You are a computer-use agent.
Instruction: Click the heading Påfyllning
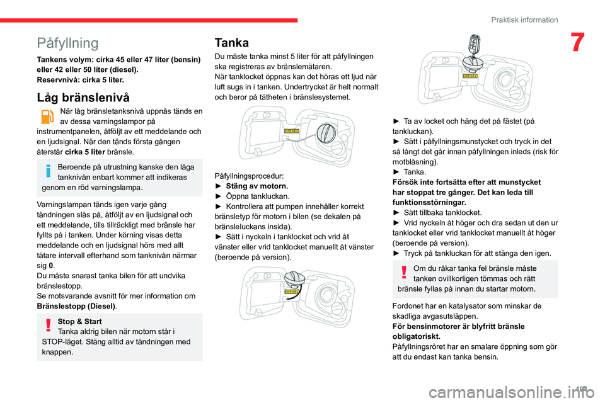(x=68, y=43)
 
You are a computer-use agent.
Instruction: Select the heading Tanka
(x=231, y=43)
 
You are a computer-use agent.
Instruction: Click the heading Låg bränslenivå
(x=84, y=97)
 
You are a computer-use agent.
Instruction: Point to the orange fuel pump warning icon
(x=47, y=118)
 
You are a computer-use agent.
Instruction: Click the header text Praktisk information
(x=525, y=20)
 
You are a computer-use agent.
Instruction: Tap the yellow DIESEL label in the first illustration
(x=291, y=130)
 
